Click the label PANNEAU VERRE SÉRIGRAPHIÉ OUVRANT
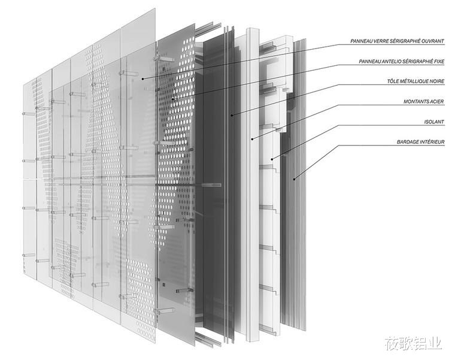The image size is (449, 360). (x=397, y=41)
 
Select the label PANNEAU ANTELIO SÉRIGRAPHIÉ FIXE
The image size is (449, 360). (x=402, y=61)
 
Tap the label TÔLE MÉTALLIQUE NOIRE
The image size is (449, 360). (x=415, y=81)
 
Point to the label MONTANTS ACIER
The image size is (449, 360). (x=423, y=101)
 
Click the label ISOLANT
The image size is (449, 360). (x=434, y=122)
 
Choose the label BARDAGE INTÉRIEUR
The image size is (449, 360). (x=420, y=142)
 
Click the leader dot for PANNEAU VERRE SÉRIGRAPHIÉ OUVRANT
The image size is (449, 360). (x=142, y=78)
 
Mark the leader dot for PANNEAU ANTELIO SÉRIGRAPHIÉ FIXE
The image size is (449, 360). (x=172, y=99)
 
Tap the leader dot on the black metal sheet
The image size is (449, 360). (x=232, y=115)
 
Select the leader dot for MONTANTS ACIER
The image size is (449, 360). (x=252, y=140)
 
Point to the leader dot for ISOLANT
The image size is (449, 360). (x=272, y=159)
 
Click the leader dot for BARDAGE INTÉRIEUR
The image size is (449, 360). (x=294, y=180)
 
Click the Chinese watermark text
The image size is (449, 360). (x=413, y=343)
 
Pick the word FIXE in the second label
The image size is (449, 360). (x=439, y=61)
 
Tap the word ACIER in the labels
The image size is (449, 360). (x=436, y=101)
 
